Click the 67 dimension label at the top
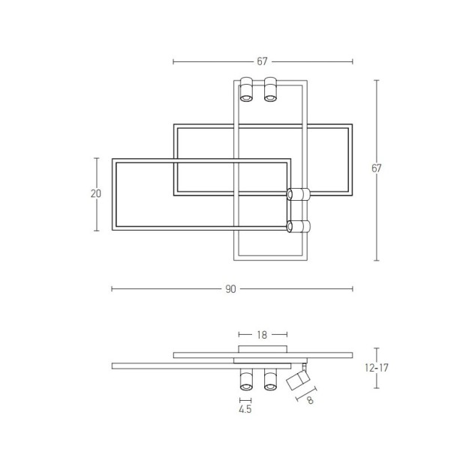(262, 61)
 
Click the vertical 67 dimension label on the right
(376, 168)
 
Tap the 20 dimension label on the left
(96, 193)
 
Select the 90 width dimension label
(230, 289)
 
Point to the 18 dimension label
(262, 335)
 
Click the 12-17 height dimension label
(376, 368)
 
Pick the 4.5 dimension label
(245, 409)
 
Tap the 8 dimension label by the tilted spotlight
(310, 400)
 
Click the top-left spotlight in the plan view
(246, 89)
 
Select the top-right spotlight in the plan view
(270, 89)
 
